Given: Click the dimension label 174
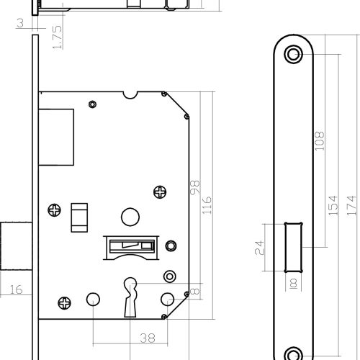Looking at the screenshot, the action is [351, 205].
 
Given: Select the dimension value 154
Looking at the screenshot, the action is [333, 205].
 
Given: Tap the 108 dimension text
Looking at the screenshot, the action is [319, 141].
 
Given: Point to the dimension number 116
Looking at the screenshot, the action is [207, 205].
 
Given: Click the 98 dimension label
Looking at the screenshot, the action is [194, 187].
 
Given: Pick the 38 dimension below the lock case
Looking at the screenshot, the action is [148, 338].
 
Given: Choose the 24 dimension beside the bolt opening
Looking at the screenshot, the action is [259, 248].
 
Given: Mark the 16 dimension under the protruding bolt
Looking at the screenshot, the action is [16, 289].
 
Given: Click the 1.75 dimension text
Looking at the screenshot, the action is [58, 37].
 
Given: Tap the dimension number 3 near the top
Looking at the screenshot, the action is [21, 23].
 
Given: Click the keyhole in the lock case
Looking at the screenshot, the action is [130, 297].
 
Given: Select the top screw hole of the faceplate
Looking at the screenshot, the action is [293, 54].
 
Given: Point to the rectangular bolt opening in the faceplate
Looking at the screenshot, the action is [293, 247].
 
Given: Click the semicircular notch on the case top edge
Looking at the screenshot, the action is [130, 95].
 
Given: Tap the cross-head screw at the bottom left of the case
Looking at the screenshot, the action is [65, 302].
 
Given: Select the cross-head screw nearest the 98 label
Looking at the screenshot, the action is [160, 192].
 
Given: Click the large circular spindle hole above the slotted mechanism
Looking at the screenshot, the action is [130, 217].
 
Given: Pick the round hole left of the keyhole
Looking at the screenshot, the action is [93, 300].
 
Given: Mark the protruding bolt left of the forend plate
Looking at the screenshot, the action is [16, 246].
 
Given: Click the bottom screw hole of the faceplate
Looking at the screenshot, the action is [293, 355].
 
